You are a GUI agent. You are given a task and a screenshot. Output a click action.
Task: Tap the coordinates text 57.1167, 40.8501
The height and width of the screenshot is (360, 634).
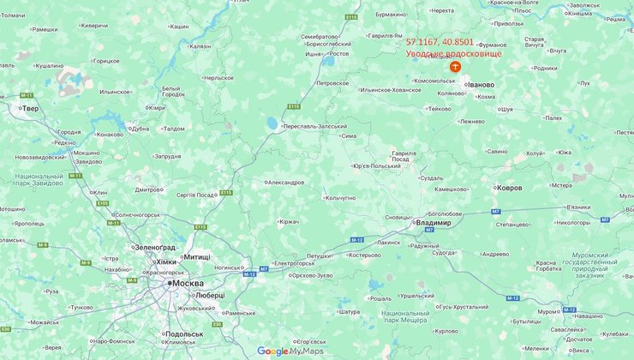click(440, 41)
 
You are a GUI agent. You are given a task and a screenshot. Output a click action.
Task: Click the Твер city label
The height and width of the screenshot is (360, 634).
click(30, 109)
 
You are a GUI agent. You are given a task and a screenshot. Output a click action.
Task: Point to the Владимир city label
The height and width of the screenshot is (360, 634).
click(433, 223)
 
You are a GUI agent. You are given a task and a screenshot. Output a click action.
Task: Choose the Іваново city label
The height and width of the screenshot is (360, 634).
click(481, 85)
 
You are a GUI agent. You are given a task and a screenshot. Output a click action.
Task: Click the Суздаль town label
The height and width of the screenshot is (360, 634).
click(431, 178)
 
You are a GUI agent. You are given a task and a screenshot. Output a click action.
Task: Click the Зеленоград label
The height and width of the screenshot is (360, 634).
click(154, 247)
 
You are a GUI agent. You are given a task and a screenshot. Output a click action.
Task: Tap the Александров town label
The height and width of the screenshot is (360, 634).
click(285, 183)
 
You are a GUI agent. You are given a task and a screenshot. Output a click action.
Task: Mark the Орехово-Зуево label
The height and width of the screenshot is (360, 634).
click(311, 275)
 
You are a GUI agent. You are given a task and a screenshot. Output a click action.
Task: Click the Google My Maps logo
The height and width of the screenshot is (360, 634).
click(290, 351)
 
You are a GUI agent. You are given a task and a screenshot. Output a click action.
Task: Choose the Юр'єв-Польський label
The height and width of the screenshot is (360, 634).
click(377, 165)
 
